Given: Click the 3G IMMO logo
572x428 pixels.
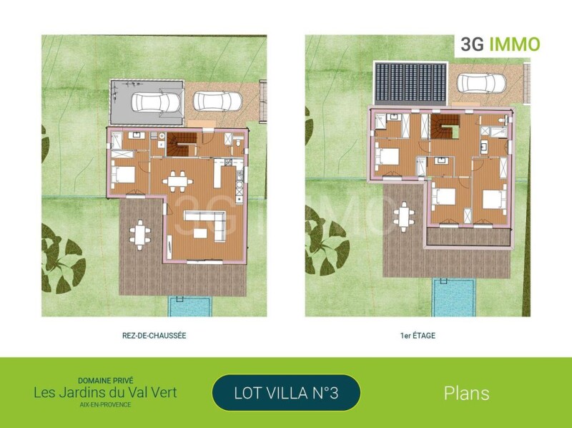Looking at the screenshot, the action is (500, 44).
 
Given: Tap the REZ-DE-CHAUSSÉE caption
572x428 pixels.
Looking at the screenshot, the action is (154, 336).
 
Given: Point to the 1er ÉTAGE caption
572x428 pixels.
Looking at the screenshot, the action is (418, 336).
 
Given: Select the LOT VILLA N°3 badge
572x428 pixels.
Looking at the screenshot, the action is (286, 393).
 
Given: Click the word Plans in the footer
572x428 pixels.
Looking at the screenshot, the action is (467, 394).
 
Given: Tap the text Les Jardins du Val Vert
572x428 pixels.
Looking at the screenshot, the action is (105, 393).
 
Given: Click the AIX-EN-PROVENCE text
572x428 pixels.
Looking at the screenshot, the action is (105, 404).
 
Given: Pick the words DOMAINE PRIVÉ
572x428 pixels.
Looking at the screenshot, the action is (105, 381).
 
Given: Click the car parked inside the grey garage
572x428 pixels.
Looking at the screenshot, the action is (156, 102).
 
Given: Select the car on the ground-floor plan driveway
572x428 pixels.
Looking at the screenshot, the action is (217, 101).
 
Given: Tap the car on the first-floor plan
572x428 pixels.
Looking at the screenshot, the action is (481, 83).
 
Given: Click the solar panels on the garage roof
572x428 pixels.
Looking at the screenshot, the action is (410, 82).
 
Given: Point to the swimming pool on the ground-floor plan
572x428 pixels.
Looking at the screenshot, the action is (189, 307).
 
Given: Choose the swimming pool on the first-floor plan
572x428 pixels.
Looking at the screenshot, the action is (454, 298).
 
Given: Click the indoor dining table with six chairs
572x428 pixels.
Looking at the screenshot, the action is (177, 181).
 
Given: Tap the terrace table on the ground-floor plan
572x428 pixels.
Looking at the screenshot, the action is (139, 235).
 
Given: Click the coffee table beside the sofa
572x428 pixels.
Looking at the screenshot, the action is (200, 233).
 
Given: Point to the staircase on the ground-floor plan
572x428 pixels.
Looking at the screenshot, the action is (182, 145).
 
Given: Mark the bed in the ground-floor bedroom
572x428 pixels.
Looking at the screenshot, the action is (123, 175).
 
